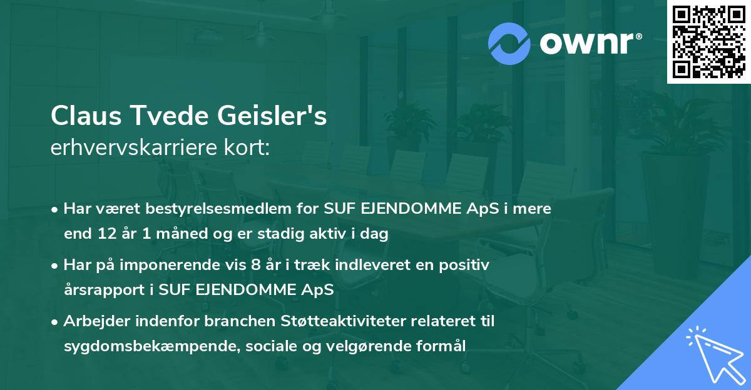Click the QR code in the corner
click(709, 42)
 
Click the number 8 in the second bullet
click(255, 265)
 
